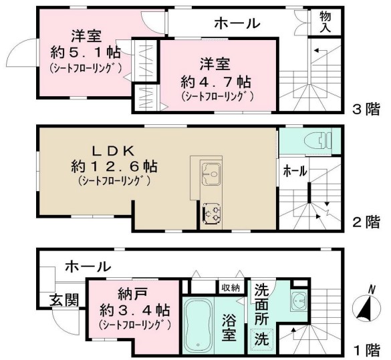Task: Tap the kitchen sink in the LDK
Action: tap(211, 171)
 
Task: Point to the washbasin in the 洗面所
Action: tap(299, 301)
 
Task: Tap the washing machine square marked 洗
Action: tap(261, 339)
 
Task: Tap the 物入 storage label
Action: tap(326, 21)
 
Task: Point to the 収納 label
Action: tap(231, 287)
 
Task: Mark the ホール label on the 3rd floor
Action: tap(237, 23)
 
